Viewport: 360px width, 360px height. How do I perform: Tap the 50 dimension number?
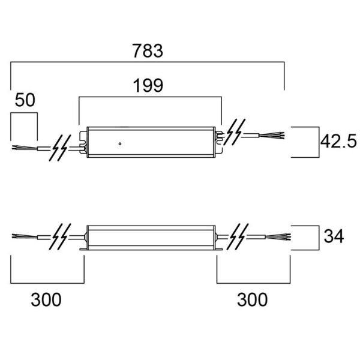25,100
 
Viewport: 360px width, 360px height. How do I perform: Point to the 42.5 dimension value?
338,142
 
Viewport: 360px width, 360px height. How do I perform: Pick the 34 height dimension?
334,236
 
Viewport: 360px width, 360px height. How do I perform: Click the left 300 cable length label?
46,299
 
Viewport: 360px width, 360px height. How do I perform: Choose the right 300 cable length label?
252,299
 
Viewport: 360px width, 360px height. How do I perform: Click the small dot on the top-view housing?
120,144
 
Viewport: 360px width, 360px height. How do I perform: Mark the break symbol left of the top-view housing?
59,146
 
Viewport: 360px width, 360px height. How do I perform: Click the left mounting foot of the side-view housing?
83,247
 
